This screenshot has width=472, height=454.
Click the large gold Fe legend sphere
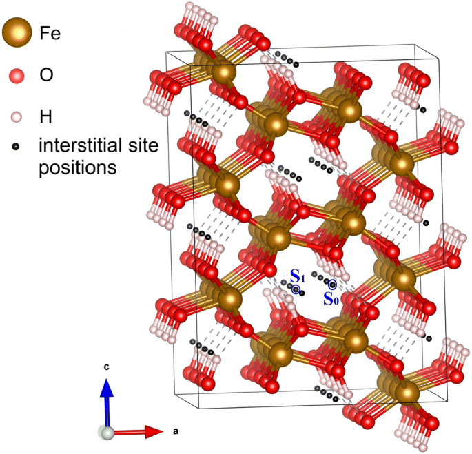(x=17, y=31)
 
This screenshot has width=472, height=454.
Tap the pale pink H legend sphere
(x=18, y=116)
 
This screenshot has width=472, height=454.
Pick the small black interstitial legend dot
(x=18, y=146)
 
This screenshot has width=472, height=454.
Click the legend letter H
(x=45, y=116)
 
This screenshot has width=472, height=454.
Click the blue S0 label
(x=331, y=298)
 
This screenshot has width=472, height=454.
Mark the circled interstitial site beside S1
(x=296, y=290)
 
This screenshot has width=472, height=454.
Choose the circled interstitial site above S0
(x=332, y=284)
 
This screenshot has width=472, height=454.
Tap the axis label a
(x=176, y=432)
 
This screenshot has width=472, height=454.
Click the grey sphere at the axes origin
(x=106, y=433)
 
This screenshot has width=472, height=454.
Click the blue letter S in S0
(x=329, y=298)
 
